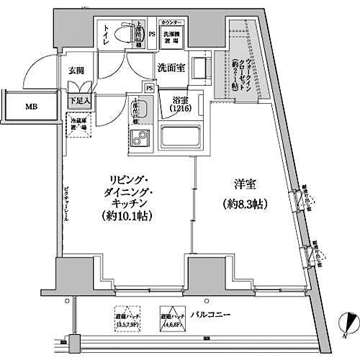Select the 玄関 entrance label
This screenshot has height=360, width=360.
click(77, 71)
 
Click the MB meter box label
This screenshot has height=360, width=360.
click(32, 107)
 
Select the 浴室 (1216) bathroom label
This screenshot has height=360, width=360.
click(181, 104)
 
